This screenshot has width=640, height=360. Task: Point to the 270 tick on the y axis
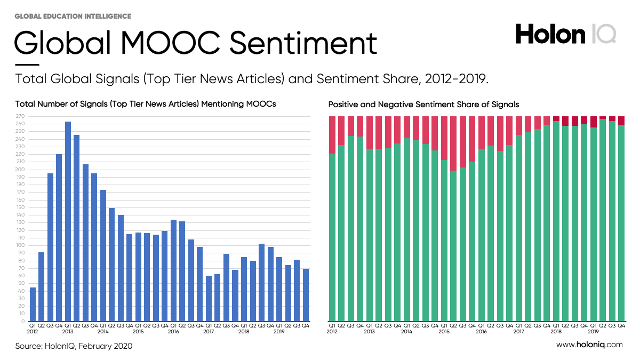[x=21, y=116]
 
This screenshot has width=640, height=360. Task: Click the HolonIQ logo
[x=565, y=35]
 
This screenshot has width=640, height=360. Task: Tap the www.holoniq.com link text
[x=589, y=345]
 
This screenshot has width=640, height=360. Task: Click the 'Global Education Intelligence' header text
[x=73, y=17]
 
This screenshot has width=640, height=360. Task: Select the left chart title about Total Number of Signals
[x=146, y=104]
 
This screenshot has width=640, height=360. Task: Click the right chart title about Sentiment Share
[x=423, y=105]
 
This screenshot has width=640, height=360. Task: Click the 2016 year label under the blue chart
[x=173, y=331]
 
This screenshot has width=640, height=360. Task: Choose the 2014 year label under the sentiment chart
[x=406, y=331]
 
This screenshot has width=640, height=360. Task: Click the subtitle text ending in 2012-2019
[x=252, y=79]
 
